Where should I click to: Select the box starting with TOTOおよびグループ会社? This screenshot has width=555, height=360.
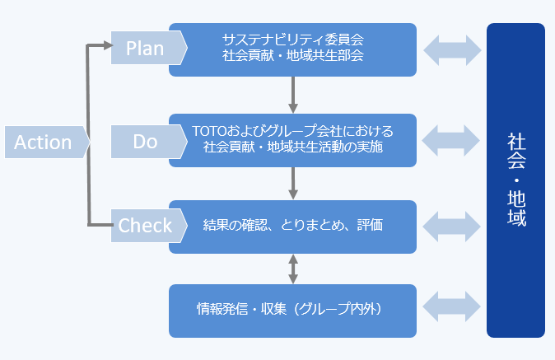tap(292, 140)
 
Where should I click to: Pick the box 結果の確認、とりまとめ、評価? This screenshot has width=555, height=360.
tap(292, 226)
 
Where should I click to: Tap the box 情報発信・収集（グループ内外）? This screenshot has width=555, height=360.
tap(292, 310)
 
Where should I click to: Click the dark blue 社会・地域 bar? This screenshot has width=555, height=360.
tap(515, 180)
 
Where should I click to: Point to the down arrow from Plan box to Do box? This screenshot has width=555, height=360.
tap(292, 95)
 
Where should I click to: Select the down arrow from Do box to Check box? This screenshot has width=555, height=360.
tap(292, 181)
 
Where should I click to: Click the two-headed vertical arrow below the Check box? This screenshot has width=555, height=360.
tap(292, 269)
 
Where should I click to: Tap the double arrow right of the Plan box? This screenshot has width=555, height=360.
tap(452, 49)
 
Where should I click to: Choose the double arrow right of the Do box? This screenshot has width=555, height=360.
tap(452, 140)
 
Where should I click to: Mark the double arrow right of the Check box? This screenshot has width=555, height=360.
tap(452, 226)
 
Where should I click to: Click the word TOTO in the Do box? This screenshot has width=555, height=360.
tap(209, 132)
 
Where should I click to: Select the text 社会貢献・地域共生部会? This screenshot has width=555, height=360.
tap(292, 57)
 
